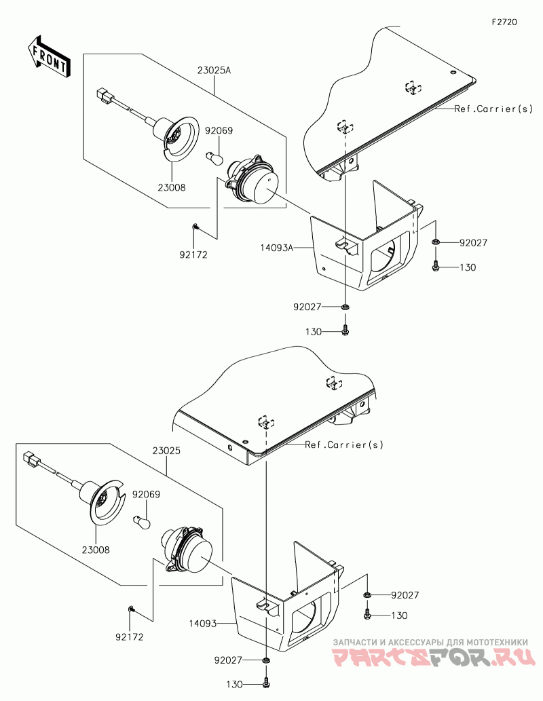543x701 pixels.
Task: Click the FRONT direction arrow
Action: tap(48, 57)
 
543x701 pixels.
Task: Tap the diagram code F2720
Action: tap(504, 22)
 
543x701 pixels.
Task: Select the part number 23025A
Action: tap(214, 70)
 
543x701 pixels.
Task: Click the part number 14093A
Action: tap(277, 247)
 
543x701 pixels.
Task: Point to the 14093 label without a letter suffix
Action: tap(203, 623)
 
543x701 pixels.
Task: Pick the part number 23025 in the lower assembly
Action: tap(166, 451)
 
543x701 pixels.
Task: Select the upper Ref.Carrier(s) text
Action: tap(493, 109)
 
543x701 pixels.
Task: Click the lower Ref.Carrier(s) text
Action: tap(344, 445)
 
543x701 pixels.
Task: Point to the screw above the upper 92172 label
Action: tap(195, 227)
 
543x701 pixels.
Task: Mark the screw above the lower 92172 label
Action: tap(130, 609)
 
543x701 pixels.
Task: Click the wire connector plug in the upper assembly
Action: tap(104, 96)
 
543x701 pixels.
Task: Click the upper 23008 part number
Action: tap(172, 187)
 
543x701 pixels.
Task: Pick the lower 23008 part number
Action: tap(96, 550)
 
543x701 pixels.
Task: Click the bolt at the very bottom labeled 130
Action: tap(267, 683)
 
